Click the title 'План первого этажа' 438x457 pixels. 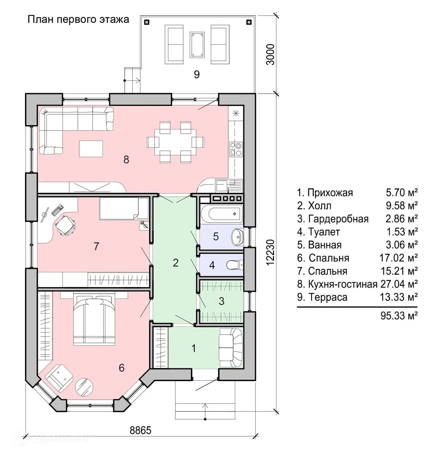78,19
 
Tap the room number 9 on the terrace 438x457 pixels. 197,75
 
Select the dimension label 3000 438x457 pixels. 271,54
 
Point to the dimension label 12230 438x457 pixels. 271,252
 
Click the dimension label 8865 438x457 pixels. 141,430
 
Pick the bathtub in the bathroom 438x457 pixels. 225,214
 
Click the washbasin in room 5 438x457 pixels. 238,237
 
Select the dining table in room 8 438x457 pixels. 176,142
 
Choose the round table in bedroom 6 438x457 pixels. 84,387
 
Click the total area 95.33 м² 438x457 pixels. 399,316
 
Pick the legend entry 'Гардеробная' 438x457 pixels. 338,219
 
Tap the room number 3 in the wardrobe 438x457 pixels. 221,301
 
